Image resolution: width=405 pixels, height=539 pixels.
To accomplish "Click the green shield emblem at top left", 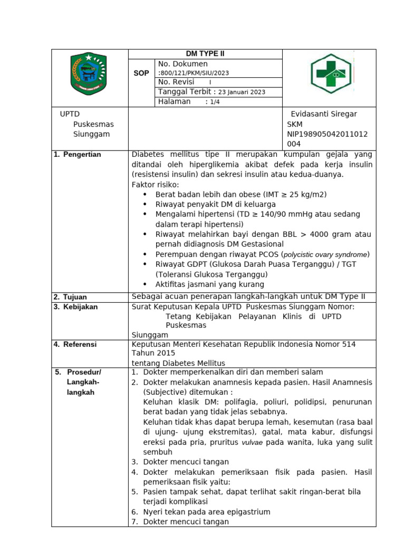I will pyautogui.click(x=88, y=75).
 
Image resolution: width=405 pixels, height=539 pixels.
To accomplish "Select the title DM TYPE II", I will pyautogui.click(x=205, y=54).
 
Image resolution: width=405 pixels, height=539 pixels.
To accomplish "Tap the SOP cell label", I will pyautogui.click(x=141, y=73).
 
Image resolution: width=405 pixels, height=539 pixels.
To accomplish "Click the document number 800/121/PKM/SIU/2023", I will pyautogui.click(x=194, y=73).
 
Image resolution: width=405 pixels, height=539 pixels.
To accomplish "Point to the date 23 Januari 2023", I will pyautogui.click(x=243, y=92).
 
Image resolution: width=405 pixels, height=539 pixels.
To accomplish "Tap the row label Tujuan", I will pyautogui.click(x=75, y=297).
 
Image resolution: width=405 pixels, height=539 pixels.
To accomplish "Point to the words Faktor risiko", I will pyautogui.click(x=155, y=185).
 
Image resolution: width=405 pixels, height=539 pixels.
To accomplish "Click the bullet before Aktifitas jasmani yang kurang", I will pyautogui.click(x=145, y=284).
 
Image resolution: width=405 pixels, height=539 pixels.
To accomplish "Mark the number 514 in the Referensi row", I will pyautogui.click(x=345, y=344).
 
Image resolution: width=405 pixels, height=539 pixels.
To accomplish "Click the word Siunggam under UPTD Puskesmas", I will pyautogui.click(x=91, y=134).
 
